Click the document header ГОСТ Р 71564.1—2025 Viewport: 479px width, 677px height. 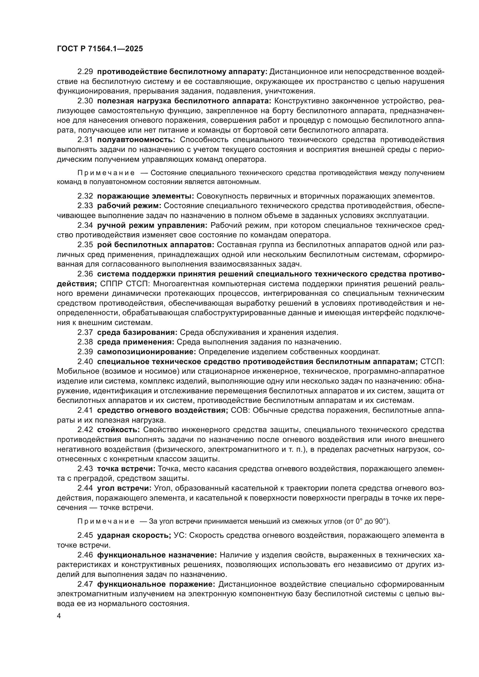coord(100,49)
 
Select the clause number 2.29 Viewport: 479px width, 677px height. coord(85,72)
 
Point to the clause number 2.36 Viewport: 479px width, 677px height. coord(85,274)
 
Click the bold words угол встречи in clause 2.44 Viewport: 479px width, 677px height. coord(124,488)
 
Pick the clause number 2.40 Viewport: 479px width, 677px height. coord(85,362)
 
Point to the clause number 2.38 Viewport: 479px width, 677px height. coord(85,342)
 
